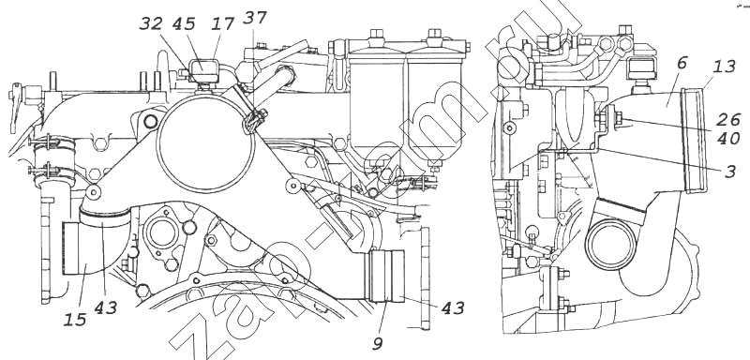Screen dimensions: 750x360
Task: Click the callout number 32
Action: coord(151,23)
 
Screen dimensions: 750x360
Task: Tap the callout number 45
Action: coord(184,23)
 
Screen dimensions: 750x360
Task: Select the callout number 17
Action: coord(223,23)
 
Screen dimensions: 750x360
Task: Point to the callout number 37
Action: coord(254,18)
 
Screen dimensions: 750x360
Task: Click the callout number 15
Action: coord(76,320)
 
